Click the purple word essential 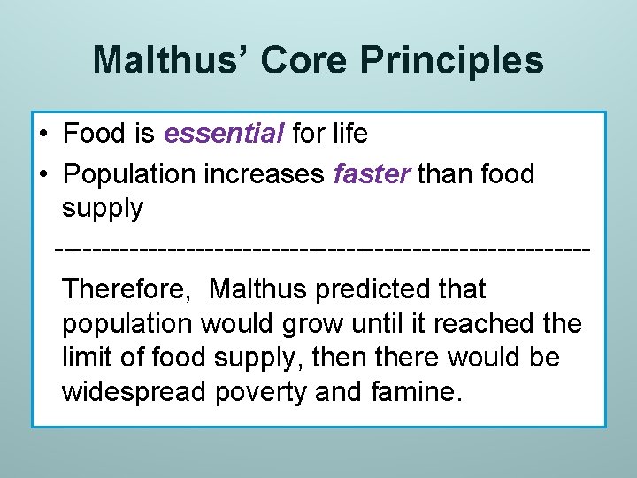click(x=224, y=134)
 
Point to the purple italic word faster click(x=372, y=173)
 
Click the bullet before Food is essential click(x=43, y=135)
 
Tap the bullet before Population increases click(x=43, y=174)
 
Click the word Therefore click(x=129, y=289)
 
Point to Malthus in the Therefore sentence click(x=257, y=289)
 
